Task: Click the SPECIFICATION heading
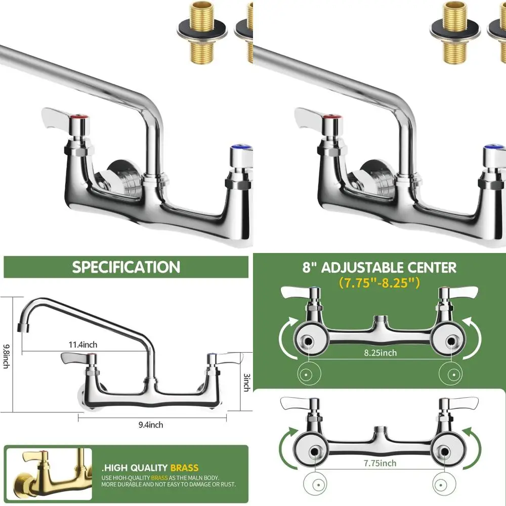(x=126, y=267)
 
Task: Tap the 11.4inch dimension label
(x=83, y=345)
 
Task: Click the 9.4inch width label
(x=150, y=425)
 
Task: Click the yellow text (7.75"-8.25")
(x=379, y=282)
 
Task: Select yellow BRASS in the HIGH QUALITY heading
(x=184, y=468)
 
